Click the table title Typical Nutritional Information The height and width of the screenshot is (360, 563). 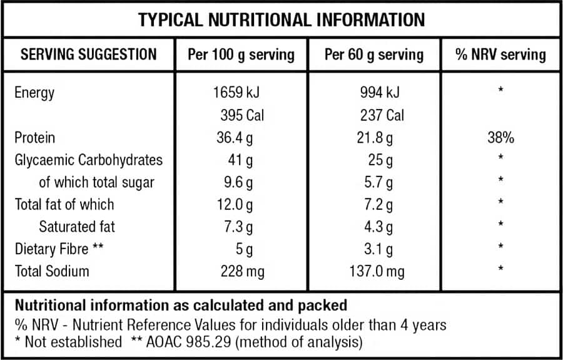pyautogui.click(x=281, y=20)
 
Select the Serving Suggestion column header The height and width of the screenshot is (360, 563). pyautogui.click(x=88, y=54)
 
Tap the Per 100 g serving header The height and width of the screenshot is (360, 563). pyautogui.click(x=241, y=54)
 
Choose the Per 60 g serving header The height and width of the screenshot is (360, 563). pyautogui.click(x=374, y=54)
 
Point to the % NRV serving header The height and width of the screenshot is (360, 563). pyautogui.click(x=500, y=54)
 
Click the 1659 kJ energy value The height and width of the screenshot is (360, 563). pyautogui.click(x=236, y=93)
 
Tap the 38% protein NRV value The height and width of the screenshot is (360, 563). pyautogui.click(x=500, y=138)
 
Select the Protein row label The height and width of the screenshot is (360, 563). pyautogui.click(x=35, y=138)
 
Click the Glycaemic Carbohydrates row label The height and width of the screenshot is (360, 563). pyautogui.click(x=88, y=160)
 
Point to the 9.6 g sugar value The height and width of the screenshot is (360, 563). pyautogui.click(x=240, y=182)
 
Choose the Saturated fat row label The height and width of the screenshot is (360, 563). pyautogui.click(x=77, y=227)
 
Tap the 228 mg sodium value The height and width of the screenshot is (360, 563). pyautogui.click(x=243, y=271)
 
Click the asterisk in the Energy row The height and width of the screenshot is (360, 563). pyautogui.click(x=500, y=91)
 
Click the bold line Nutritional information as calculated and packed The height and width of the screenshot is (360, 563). pyautogui.click(x=180, y=306)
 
